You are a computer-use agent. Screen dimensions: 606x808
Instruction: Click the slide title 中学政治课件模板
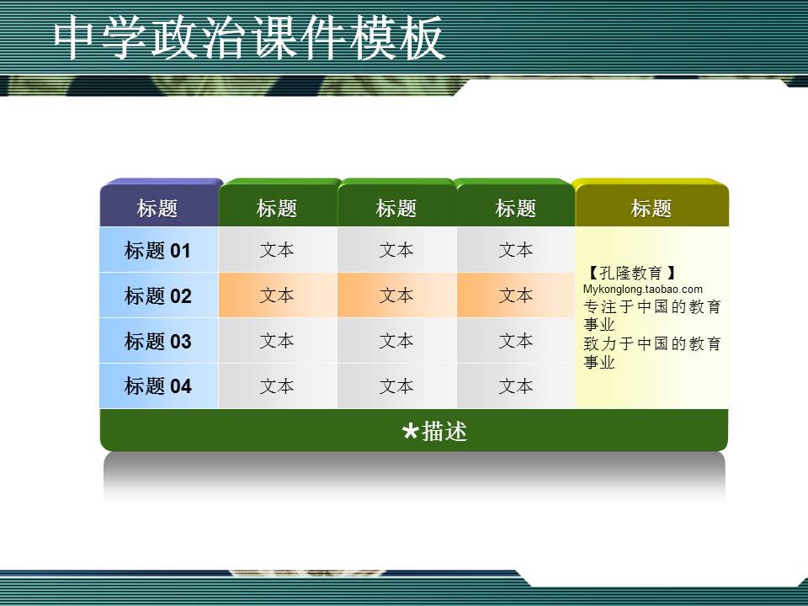(x=249, y=39)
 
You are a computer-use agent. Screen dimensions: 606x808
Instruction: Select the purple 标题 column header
(x=157, y=209)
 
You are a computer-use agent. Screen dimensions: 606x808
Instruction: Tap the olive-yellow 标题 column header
(x=651, y=209)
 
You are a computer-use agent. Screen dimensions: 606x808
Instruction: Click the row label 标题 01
(x=157, y=251)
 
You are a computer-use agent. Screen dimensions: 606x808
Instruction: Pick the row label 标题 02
(x=157, y=296)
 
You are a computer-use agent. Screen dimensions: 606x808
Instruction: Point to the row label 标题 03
(x=157, y=342)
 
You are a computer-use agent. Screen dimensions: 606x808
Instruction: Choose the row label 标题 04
(x=157, y=386)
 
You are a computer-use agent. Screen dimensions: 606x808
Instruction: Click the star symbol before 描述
(x=410, y=433)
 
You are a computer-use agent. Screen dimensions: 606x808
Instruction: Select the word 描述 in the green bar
(x=444, y=432)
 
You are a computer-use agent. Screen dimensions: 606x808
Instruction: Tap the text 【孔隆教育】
(x=630, y=274)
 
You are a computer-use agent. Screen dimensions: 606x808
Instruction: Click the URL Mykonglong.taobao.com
(x=642, y=290)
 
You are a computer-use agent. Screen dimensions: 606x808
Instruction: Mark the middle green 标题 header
(x=396, y=209)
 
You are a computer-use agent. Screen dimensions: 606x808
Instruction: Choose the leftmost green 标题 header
(x=277, y=209)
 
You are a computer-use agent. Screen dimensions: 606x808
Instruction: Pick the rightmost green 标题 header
(x=516, y=209)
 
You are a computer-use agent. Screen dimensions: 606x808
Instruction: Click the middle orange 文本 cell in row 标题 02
(x=396, y=295)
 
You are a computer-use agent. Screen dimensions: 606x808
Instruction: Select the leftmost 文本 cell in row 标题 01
(x=277, y=250)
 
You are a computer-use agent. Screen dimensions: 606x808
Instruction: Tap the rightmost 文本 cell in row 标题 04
(x=516, y=386)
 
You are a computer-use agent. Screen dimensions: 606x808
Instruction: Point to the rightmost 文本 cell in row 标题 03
(x=516, y=341)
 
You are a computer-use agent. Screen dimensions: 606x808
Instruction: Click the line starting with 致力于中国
(x=652, y=344)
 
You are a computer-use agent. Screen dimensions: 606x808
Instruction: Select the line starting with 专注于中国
(x=652, y=307)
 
